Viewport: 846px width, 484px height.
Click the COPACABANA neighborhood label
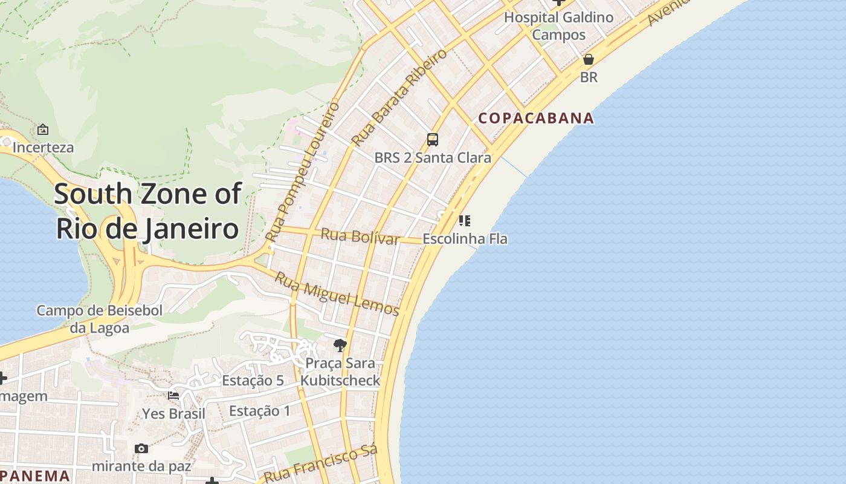point(537,118)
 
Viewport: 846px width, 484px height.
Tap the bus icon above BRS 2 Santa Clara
point(433,140)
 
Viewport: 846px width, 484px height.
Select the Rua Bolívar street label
point(360,236)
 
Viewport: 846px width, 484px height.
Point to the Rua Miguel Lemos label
point(337,294)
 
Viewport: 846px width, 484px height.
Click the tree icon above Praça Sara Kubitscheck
point(340,345)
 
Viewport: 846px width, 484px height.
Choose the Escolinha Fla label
point(465,239)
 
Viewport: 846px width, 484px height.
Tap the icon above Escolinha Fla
point(464,220)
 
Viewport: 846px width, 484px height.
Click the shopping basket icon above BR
point(588,59)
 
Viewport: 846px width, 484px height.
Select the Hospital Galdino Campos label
point(559,26)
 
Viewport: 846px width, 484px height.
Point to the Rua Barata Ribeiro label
point(399,97)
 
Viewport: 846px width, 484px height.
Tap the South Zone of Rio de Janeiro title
point(147,211)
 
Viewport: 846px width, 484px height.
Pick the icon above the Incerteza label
point(43,129)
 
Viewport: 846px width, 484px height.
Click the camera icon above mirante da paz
point(141,448)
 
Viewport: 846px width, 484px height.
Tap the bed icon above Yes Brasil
point(173,396)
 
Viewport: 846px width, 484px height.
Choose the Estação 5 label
point(253,381)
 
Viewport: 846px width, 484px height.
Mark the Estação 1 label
point(260,411)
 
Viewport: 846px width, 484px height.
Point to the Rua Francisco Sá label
point(321,465)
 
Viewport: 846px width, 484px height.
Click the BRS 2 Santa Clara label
point(433,158)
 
